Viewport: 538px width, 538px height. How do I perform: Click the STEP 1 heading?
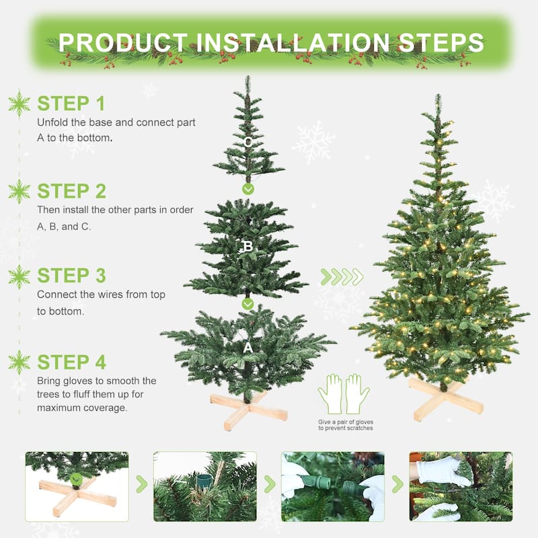(71, 104)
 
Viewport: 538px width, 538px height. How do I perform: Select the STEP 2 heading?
(71, 191)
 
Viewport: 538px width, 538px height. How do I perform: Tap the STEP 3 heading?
(71, 276)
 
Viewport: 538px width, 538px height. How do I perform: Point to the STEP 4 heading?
(71, 362)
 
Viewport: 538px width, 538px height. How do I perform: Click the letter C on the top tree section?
(248, 142)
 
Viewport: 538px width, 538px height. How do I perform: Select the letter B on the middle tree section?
(247, 247)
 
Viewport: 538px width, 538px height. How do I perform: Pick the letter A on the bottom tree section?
(247, 348)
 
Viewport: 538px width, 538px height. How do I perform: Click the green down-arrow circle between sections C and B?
(248, 189)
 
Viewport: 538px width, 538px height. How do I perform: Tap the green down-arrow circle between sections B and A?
(247, 304)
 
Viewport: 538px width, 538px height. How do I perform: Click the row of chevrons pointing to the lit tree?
(342, 276)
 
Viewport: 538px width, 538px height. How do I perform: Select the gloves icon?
(344, 394)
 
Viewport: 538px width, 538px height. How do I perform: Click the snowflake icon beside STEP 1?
(19, 104)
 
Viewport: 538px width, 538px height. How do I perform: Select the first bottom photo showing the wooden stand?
(77, 486)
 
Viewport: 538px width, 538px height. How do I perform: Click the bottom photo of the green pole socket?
(204, 486)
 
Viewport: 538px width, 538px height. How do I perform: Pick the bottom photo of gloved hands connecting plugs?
(333, 486)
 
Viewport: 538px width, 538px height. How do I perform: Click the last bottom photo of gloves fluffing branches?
(461, 486)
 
